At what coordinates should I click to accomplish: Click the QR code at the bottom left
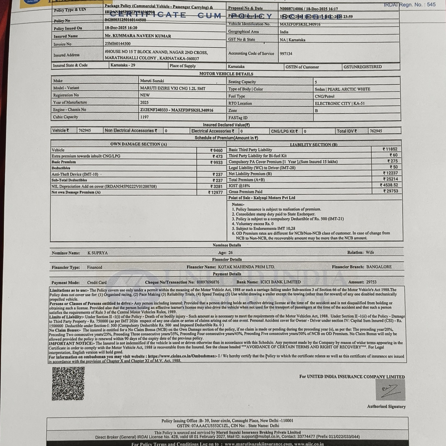[x=68, y=383]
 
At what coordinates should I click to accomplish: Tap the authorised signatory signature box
[x=390, y=390]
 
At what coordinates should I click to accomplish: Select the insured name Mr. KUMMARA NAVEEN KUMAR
[x=138, y=36]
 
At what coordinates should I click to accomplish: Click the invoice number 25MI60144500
[x=118, y=44]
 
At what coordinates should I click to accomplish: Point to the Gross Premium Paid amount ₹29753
[x=391, y=191]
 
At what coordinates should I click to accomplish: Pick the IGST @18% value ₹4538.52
[x=389, y=185]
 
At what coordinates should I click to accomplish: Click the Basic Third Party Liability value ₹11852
[x=390, y=149]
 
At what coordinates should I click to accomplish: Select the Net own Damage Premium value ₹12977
[x=215, y=193]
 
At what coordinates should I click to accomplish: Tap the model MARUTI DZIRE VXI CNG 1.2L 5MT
[x=173, y=89]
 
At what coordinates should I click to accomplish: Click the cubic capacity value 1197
[x=144, y=117]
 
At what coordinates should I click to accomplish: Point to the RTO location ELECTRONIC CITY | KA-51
[x=339, y=103]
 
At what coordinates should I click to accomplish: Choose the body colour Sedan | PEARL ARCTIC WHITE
[x=342, y=89]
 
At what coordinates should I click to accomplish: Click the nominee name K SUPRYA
[x=97, y=253]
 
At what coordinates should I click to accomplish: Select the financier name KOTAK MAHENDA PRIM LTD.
[x=246, y=267]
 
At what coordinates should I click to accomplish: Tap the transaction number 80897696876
[x=208, y=282]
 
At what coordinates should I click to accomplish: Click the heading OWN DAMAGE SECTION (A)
[x=138, y=144]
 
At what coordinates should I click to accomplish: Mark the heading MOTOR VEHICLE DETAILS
[x=226, y=74]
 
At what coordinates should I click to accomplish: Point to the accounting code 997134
[x=286, y=54]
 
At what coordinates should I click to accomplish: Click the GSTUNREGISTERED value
[x=362, y=67]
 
